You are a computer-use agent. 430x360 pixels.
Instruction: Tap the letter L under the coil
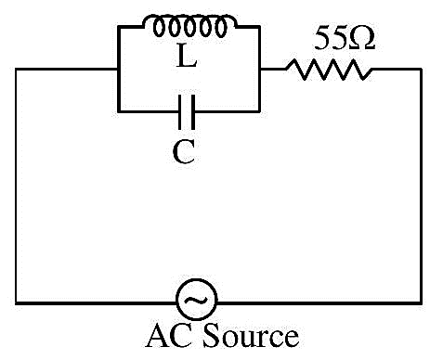(x=187, y=56)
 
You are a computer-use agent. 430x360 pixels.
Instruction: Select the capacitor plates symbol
(x=187, y=112)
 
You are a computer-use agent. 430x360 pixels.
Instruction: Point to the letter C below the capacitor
(x=184, y=151)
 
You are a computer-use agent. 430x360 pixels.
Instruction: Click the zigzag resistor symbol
(x=329, y=70)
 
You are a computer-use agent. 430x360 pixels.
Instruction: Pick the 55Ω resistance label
(x=345, y=38)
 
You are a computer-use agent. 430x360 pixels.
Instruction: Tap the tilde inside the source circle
(x=196, y=300)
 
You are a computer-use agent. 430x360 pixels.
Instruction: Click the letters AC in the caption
(x=172, y=335)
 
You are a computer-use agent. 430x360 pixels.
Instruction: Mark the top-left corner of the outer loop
(x=16, y=69)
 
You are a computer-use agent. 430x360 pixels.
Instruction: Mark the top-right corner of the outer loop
(x=421, y=70)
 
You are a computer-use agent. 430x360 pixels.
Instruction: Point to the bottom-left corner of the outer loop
(x=16, y=303)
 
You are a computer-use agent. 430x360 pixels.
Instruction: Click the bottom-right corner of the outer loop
(x=421, y=303)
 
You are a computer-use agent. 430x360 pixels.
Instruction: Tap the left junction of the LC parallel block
(x=118, y=69)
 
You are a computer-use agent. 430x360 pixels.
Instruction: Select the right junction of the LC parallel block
(x=259, y=69)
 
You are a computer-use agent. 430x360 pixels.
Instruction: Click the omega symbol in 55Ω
(x=362, y=38)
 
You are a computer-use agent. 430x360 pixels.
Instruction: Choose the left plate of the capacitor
(x=180, y=112)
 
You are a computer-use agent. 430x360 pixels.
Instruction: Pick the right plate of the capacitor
(x=193, y=112)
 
